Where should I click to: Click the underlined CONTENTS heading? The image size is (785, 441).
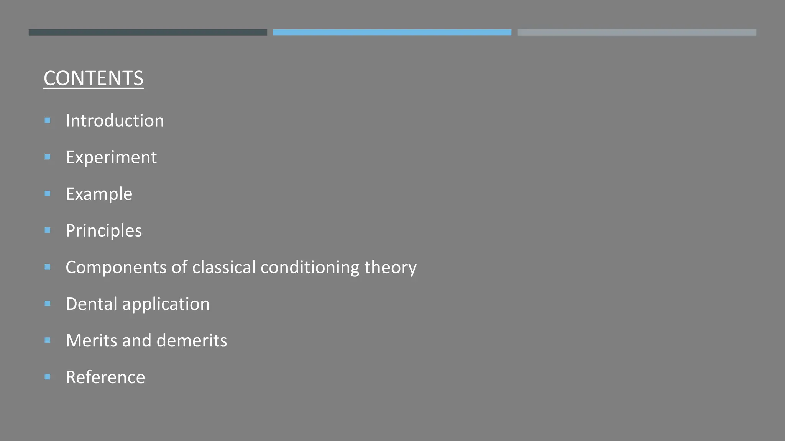point(94,78)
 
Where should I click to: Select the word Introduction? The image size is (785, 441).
point(115,121)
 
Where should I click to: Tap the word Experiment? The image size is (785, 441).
point(111,157)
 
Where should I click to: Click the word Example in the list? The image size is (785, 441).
point(99,194)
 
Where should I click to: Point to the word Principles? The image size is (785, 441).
point(103,230)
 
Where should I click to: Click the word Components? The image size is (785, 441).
point(116,267)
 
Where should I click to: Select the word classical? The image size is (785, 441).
point(223,267)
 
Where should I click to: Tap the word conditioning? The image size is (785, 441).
point(310,267)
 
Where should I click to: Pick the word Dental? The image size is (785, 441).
point(91,304)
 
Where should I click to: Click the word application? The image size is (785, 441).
point(166,304)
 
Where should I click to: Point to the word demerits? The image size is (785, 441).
point(192,340)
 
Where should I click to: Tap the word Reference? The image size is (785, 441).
point(105,377)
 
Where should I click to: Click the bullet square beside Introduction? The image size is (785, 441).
point(48,120)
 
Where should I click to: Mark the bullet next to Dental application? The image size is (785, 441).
point(48,304)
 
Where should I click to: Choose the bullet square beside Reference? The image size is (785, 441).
point(48,377)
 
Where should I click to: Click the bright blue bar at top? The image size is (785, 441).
point(392,33)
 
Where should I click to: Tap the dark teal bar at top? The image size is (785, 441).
point(148,33)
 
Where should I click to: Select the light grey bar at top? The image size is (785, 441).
point(637,33)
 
